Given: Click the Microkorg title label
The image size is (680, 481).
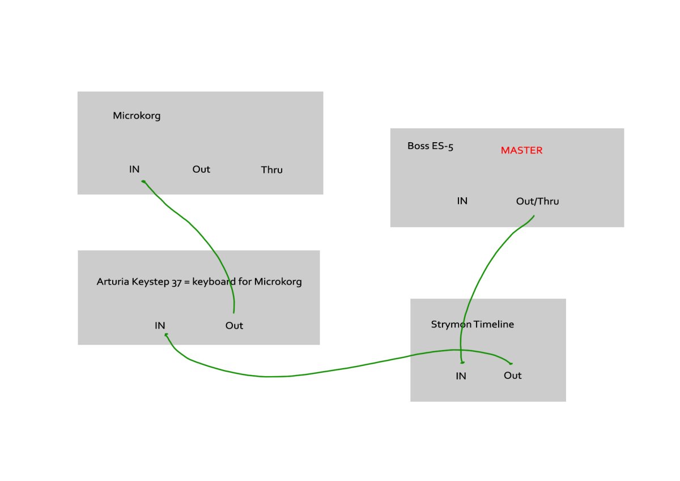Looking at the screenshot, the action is coord(137,116).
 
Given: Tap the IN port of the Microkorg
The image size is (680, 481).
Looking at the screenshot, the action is coord(134,169).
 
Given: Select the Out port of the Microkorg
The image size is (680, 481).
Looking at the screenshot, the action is coord(201,169).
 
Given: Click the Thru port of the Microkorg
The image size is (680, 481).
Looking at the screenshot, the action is coord(271,169).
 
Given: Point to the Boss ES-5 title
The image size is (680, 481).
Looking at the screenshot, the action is coord(430,146).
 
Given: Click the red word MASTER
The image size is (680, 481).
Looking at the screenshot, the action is coord(521,150).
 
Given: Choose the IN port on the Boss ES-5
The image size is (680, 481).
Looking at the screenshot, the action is coord(462,201).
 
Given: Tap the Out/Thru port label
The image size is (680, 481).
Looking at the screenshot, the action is coord(537,201).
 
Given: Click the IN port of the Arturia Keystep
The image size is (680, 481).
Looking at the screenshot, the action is coord(160,325).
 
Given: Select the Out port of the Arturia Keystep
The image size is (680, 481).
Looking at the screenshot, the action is coord(234,325).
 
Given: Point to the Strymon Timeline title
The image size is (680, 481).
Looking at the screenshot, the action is coord(473,325).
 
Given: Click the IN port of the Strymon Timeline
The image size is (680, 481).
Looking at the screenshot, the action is coord(461,376).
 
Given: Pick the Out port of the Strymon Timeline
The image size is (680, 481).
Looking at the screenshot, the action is coord(512,376).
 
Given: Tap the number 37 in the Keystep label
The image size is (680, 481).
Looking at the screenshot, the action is coord(177,283).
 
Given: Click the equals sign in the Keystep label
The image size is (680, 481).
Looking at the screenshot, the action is coord(187,282).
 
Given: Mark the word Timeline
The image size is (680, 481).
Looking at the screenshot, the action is coord(494,324).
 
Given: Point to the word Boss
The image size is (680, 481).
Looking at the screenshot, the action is coord(418,146).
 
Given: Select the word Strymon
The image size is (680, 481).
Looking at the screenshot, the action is coord(451,325).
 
